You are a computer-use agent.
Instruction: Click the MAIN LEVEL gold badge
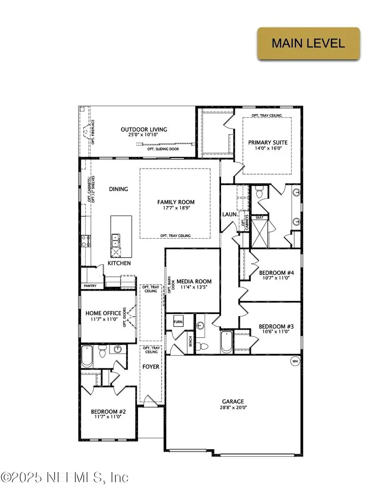coord(308,43)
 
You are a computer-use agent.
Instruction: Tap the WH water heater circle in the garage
coord(295,361)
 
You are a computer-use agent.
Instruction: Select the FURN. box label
coord(178,322)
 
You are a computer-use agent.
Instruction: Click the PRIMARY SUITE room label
coord(267,142)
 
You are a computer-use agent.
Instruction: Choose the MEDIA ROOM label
coord(194,281)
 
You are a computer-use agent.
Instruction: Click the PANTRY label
coord(90,286)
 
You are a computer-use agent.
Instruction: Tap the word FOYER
coord(151,367)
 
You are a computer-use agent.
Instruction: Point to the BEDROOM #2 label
coord(107,411)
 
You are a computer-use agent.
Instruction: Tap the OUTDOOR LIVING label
coord(144,130)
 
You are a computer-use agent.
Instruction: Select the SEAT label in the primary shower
coord(258,217)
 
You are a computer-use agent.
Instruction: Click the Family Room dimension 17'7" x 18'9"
coord(175,208)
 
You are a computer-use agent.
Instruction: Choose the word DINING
coord(118,189)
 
